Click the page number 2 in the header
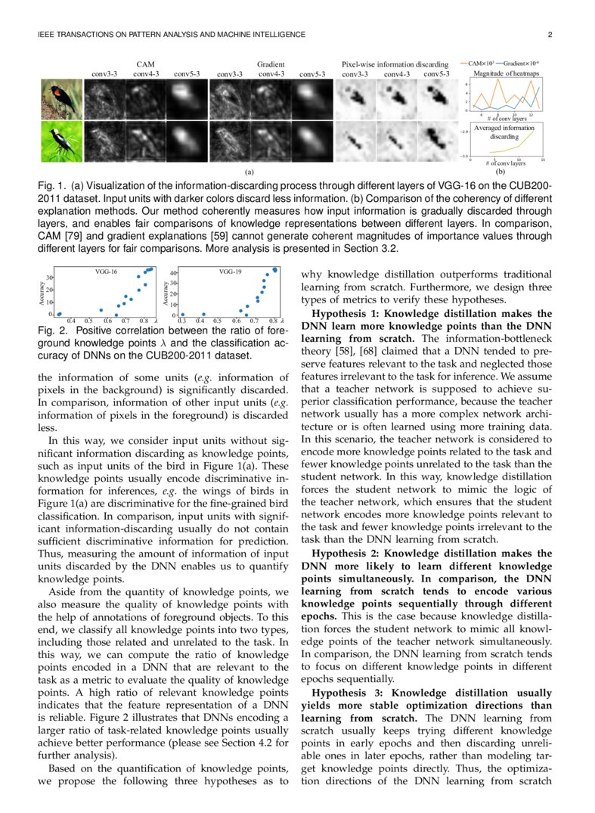pos(550,35)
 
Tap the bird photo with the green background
pos(60,141)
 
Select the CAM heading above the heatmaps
pos(145,65)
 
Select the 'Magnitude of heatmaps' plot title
pos(504,73)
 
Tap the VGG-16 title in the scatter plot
pos(105,270)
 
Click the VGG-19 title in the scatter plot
pos(230,270)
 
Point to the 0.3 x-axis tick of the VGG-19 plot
pos(181,321)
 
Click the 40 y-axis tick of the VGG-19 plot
pos(172,274)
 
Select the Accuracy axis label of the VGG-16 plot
pos(42,293)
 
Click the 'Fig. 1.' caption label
pos(51,187)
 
